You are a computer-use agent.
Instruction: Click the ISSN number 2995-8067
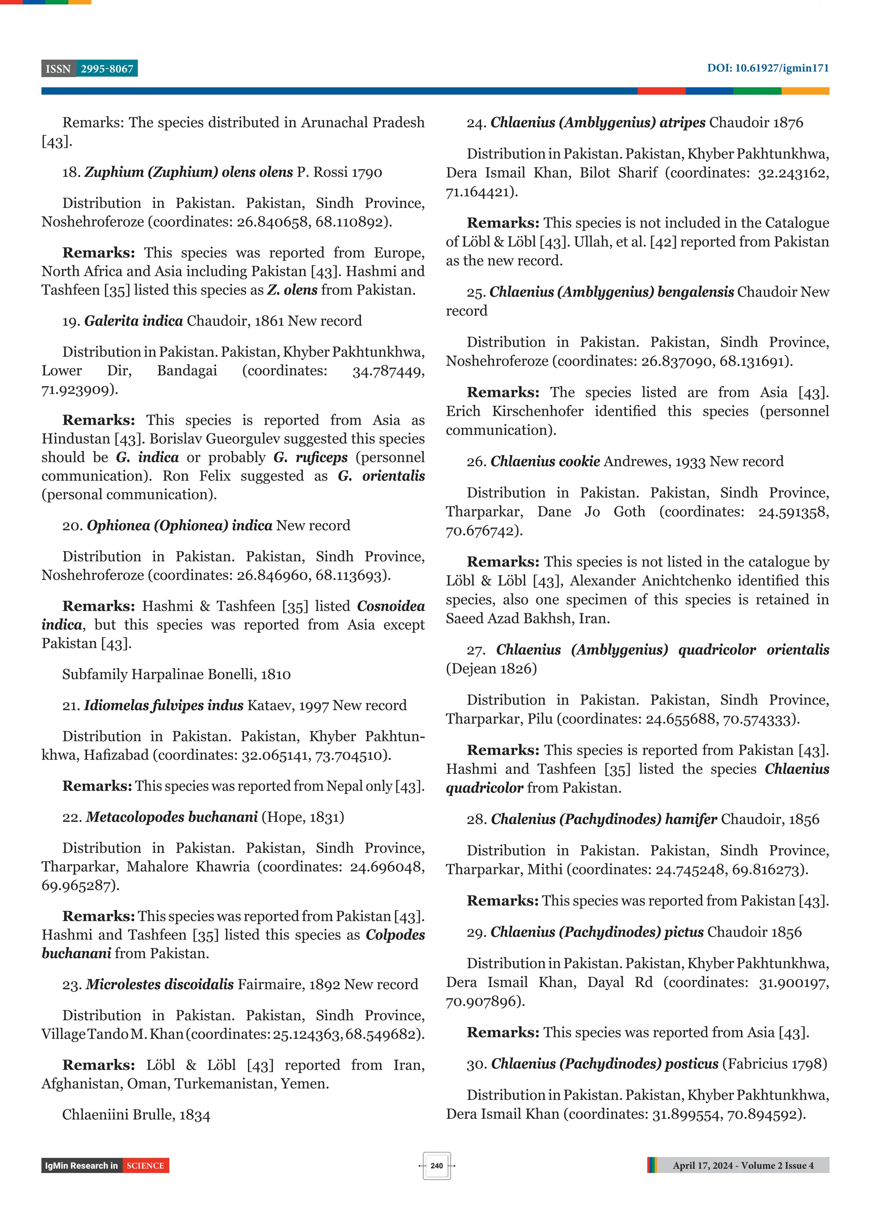pos(107,69)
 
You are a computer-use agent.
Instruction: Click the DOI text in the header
pos(767,68)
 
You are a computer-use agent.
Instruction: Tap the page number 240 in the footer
pos(436,1166)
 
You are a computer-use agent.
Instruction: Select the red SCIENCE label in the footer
pos(145,1166)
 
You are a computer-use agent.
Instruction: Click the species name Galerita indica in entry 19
pos(134,321)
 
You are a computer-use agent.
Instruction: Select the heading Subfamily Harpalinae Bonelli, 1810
pos(176,674)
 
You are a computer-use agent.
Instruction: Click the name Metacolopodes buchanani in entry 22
pos(172,817)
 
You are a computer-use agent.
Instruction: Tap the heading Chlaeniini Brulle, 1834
pos(136,1115)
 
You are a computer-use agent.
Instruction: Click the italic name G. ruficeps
pos(310,458)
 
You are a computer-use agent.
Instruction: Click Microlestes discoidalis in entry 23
pos(160,984)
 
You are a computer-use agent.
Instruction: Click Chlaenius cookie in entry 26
pos(545,461)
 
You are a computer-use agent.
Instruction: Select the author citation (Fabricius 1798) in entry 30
pos(774,1064)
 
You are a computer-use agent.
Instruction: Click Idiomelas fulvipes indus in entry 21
pos(164,706)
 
